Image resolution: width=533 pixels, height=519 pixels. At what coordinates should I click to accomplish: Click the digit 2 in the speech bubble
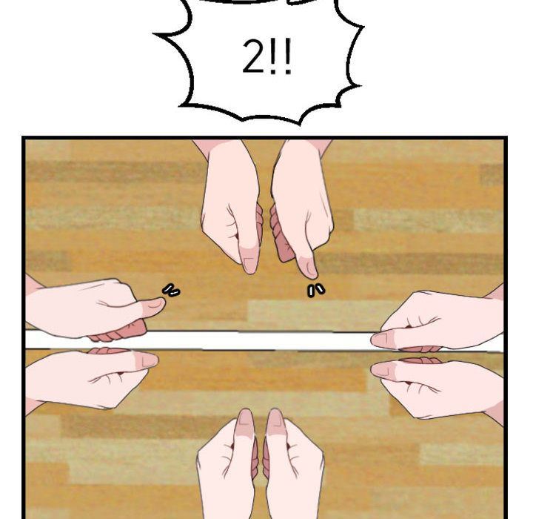click(252, 56)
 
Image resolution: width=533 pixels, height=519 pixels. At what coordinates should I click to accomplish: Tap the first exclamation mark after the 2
click(273, 57)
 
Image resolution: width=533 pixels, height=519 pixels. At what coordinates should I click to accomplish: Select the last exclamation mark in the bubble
click(287, 57)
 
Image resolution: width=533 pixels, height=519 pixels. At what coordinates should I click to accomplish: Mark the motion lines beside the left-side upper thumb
click(171, 291)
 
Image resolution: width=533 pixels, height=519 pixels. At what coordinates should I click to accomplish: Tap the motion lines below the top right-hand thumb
click(316, 291)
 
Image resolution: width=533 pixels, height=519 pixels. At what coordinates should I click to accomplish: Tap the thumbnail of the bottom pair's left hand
click(246, 417)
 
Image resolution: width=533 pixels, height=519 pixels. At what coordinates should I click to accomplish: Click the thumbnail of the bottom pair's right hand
click(275, 417)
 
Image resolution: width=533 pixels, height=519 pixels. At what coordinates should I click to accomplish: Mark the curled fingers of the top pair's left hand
click(260, 222)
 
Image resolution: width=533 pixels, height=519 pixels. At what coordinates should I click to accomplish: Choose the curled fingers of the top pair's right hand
click(281, 235)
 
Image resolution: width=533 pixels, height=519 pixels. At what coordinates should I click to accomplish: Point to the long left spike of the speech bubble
click(167, 34)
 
